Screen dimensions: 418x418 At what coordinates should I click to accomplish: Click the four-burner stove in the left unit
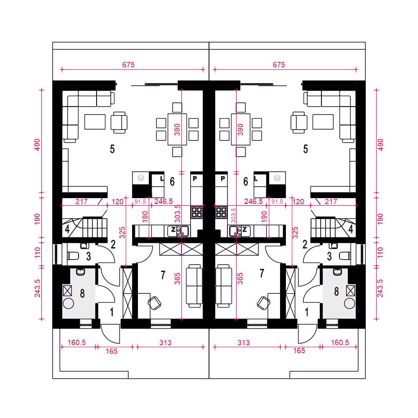tap(197, 212)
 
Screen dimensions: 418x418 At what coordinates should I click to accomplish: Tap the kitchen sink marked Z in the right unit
tap(240, 231)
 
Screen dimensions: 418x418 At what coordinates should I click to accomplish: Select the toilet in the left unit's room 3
tap(73, 256)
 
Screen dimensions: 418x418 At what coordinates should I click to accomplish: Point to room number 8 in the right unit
tap(336, 291)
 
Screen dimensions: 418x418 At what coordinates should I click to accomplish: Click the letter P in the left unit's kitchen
tap(195, 178)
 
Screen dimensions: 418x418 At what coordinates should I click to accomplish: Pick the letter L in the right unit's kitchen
tap(256, 178)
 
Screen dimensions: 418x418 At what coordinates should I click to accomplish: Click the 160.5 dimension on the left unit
tap(77, 342)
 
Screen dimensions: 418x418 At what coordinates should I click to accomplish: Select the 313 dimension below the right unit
tap(244, 343)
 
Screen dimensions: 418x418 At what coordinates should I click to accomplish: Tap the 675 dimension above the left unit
tap(128, 65)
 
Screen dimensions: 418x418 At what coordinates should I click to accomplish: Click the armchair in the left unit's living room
tap(119, 122)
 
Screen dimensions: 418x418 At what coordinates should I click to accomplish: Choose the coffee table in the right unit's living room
tap(323, 122)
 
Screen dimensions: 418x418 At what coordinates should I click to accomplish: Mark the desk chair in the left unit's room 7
tap(154, 303)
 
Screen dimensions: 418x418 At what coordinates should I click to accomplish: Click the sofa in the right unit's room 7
tap(224, 286)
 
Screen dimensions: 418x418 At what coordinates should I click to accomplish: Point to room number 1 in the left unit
tap(112, 312)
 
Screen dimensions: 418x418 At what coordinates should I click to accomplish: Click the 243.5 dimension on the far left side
tap(37, 288)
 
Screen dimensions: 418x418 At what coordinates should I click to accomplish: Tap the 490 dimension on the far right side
tap(381, 145)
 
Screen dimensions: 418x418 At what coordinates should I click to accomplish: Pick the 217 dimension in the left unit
tap(82, 201)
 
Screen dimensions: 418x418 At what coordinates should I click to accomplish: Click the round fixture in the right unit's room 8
tap(349, 303)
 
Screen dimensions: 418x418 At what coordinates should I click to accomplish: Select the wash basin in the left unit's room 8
tap(81, 272)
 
